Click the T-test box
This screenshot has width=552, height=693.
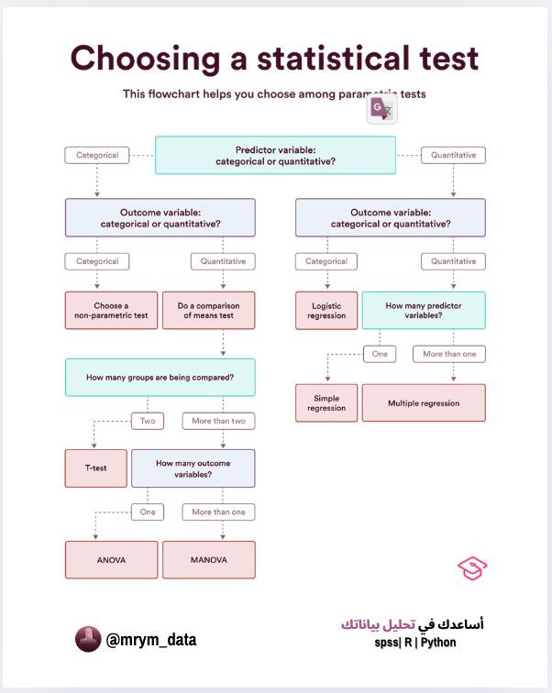96,467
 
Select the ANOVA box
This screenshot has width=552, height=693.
111,559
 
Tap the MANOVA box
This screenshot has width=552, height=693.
208,559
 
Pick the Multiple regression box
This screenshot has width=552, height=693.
424,403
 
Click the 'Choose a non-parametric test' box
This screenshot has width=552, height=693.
111,311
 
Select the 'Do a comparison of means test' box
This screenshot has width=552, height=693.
208,311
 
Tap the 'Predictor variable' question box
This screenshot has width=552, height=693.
275,155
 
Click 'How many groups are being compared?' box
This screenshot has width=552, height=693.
160,377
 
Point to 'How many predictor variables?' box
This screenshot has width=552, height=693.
424,311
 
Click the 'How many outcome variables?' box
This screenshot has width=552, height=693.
193,468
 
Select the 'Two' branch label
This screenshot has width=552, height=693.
148,422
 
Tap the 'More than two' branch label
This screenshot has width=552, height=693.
218,422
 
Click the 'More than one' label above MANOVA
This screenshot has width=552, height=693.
218,511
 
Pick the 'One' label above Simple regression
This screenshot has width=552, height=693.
379,354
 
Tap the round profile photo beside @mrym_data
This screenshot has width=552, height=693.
88,640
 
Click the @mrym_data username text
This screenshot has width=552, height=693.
151,640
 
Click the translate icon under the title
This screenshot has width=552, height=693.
381,110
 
